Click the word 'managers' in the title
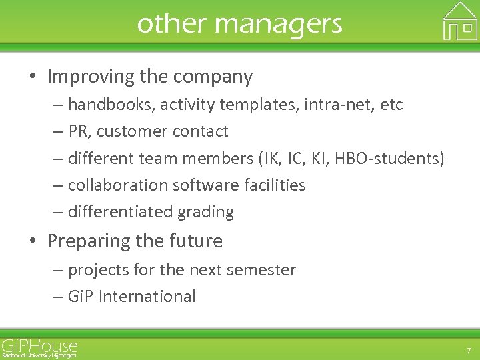(279, 24)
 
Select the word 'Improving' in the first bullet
(91, 77)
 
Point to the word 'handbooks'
(106, 105)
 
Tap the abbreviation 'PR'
(79, 131)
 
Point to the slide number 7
(467, 350)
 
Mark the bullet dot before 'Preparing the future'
(33, 241)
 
